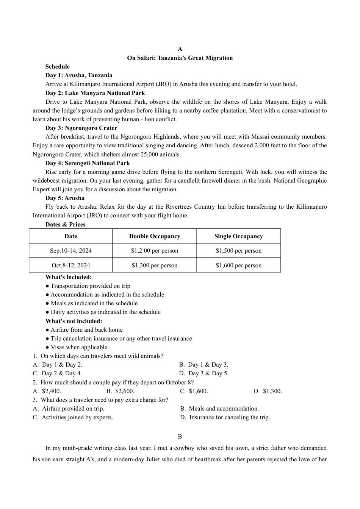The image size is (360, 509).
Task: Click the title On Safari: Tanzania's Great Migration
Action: click(180, 58)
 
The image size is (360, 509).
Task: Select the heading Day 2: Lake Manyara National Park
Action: click(95, 93)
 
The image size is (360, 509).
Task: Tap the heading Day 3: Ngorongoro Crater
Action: click(81, 128)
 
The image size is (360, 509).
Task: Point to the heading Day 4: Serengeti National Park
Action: click(88, 163)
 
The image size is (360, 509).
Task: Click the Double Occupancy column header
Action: click(155, 236)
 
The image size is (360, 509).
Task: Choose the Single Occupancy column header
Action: click(238, 236)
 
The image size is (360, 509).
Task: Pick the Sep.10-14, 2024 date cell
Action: click(71, 251)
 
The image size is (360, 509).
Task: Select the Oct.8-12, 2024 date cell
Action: click(71, 265)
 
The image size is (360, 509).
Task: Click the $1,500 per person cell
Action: click(238, 251)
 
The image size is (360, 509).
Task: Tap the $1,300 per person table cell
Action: click(155, 265)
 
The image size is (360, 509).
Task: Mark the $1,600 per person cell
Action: click(238, 265)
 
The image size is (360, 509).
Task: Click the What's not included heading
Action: click(74, 321)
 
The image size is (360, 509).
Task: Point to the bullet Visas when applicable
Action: click(79, 347)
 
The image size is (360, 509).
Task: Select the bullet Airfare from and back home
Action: click(86, 330)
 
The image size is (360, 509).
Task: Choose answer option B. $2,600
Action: click(120, 391)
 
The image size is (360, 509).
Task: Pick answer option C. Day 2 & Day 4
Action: click(57, 373)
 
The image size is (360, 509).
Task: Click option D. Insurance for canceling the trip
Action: click(225, 417)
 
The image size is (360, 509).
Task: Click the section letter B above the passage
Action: click(180, 437)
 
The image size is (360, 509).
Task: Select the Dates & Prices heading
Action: click(66, 225)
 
